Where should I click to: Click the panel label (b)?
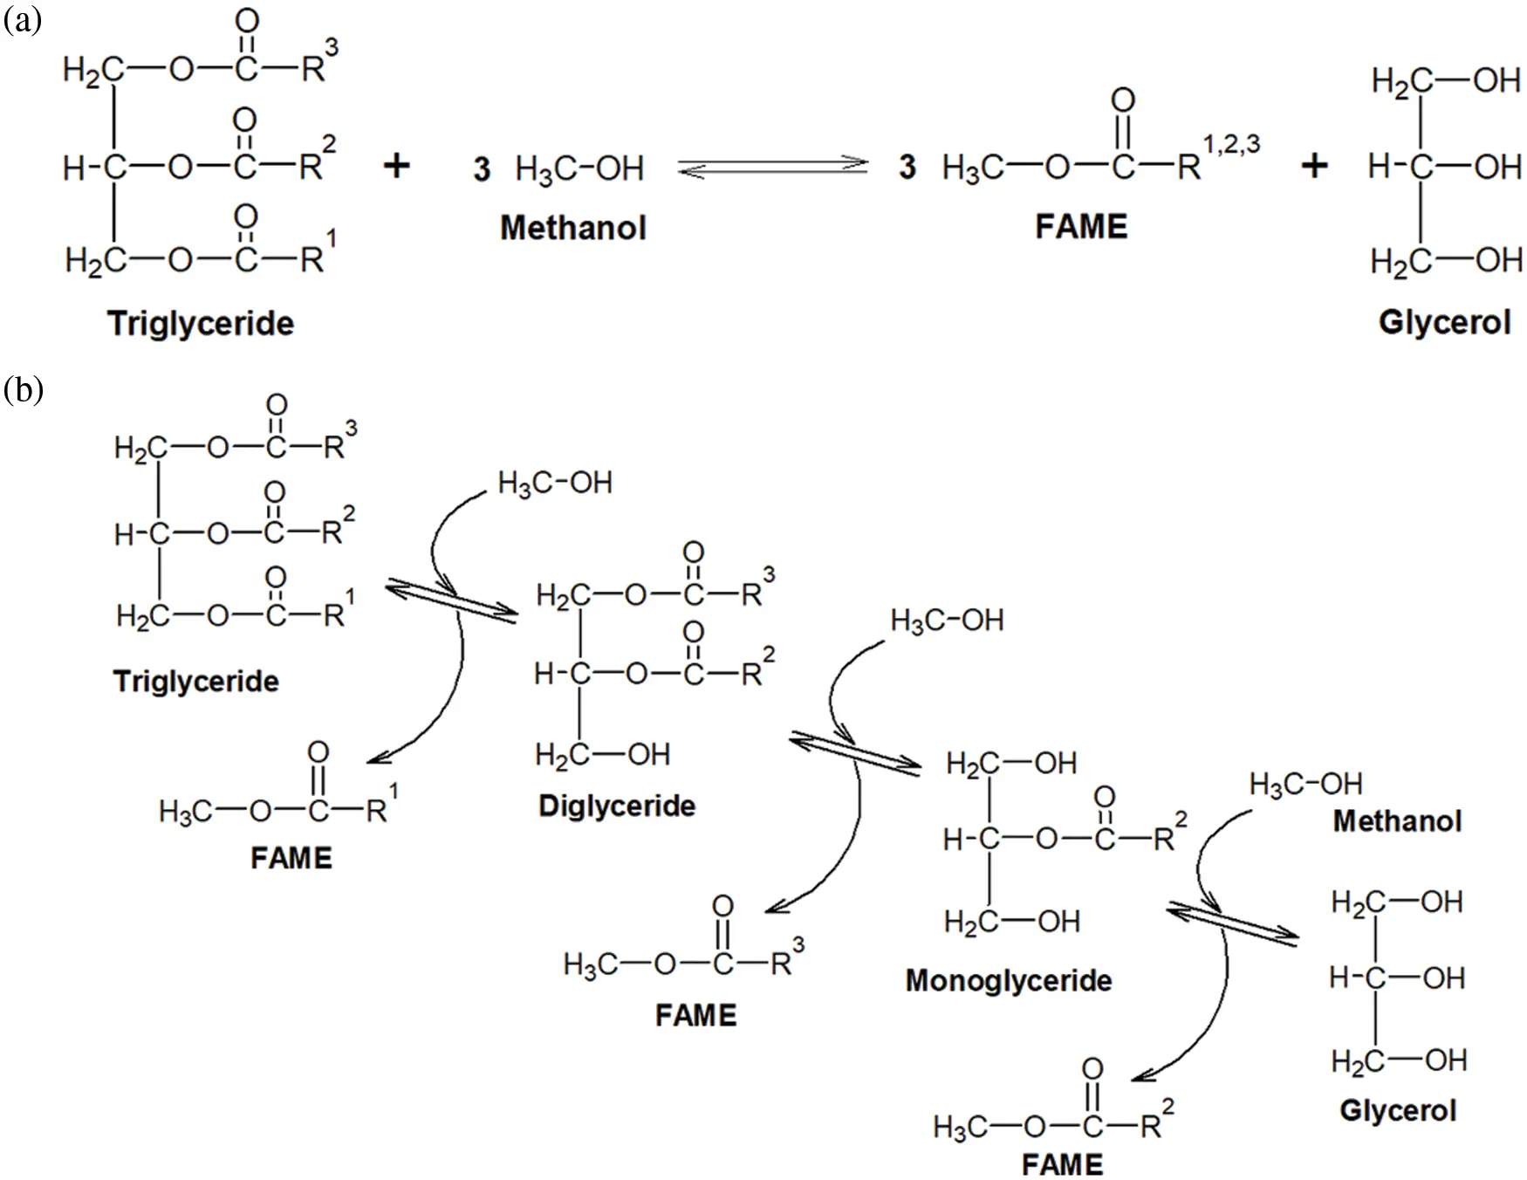coord(24,389)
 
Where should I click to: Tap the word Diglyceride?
coord(617,806)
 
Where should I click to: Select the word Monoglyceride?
coord(1009,981)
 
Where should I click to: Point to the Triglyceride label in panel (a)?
coord(201,324)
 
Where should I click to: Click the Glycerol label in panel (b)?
coord(1398,1110)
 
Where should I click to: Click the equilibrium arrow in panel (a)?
coord(773,167)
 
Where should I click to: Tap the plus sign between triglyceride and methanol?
coord(397,165)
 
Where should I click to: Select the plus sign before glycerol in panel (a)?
coord(1314,165)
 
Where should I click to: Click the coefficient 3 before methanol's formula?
coord(483,168)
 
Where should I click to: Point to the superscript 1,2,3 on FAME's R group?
coord(1231,145)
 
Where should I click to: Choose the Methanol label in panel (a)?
coord(573,228)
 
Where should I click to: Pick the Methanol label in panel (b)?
coord(1397,821)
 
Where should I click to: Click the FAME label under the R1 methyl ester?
coord(291,858)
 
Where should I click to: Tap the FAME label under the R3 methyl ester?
coord(696,1015)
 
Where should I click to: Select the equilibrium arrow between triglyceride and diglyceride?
coord(451,601)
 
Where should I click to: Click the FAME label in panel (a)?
coord(1081,227)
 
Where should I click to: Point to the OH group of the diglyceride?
coord(648,755)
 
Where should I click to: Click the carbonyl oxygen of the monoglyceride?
coord(1105,796)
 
